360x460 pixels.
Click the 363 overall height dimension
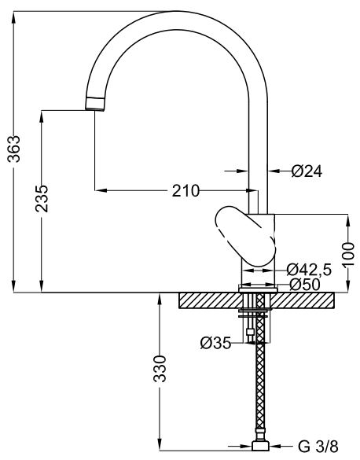pyautogui.click(x=14, y=149)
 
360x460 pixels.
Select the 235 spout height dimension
pyautogui.click(x=42, y=198)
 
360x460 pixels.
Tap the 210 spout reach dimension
pyautogui.click(x=186, y=191)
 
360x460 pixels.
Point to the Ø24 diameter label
pyautogui.click(x=307, y=171)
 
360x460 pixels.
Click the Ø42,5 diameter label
pyautogui.click(x=309, y=270)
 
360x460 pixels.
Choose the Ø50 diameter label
pyautogui.click(x=305, y=285)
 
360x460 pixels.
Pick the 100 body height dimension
pyautogui.click(x=348, y=254)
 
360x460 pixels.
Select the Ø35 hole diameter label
pyautogui.click(x=216, y=343)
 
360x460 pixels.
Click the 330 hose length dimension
pyautogui.click(x=160, y=369)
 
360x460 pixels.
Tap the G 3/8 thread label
pyautogui.click(x=318, y=447)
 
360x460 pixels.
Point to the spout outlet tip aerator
pyautogui.click(x=95, y=104)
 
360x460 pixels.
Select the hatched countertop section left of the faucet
pyautogui.click(x=209, y=300)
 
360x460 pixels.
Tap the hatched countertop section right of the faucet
pyautogui.click(x=303, y=300)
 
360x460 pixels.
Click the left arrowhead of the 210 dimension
pyautogui.click(x=101, y=190)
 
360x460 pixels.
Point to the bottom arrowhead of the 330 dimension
pyautogui.click(x=160, y=452)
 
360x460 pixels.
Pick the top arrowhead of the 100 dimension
pyautogui.click(x=348, y=222)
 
